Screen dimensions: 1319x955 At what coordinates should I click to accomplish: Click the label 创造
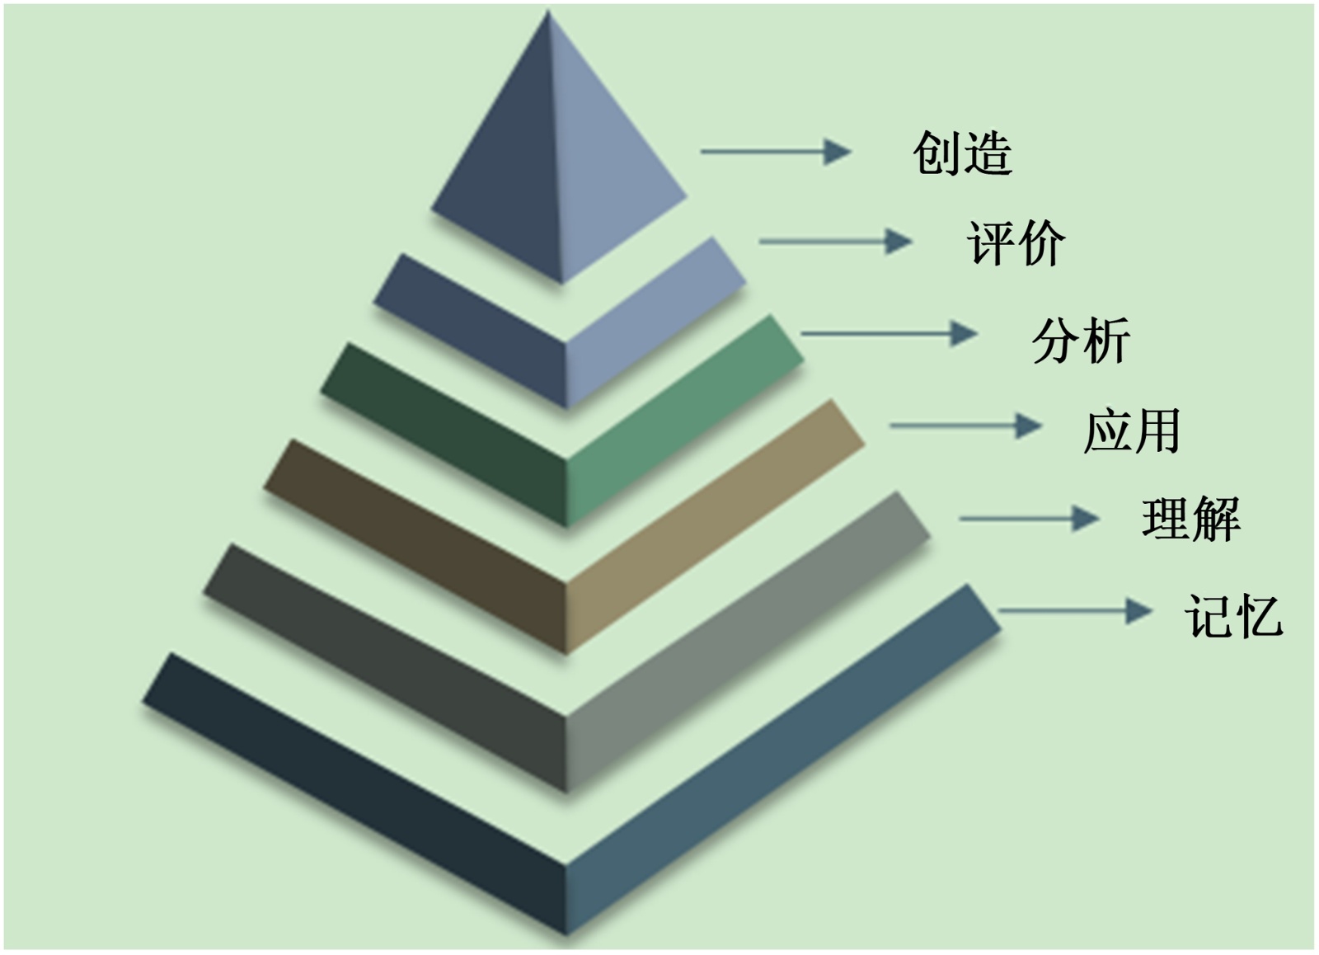(x=962, y=153)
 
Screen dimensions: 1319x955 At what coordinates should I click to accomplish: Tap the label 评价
(x=1016, y=243)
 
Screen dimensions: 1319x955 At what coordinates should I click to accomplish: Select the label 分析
(x=1081, y=340)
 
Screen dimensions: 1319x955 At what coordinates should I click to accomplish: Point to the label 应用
(x=1132, y=430)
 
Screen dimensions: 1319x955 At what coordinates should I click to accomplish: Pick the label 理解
(x=1190, y=520)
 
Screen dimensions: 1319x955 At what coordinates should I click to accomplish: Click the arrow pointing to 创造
(x=775, y=152)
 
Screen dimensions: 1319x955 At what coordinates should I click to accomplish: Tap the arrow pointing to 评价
(x=834, y=242)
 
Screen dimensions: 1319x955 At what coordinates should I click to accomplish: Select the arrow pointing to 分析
(x=889, y=334)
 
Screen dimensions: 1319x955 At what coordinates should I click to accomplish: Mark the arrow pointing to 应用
(x=965, y=426)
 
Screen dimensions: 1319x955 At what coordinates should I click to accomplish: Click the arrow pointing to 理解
(x=1028, y=519)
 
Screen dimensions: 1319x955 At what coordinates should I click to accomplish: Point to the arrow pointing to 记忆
(x=1074, y=611)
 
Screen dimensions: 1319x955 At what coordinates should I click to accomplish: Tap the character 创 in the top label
(x=936, y=153)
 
